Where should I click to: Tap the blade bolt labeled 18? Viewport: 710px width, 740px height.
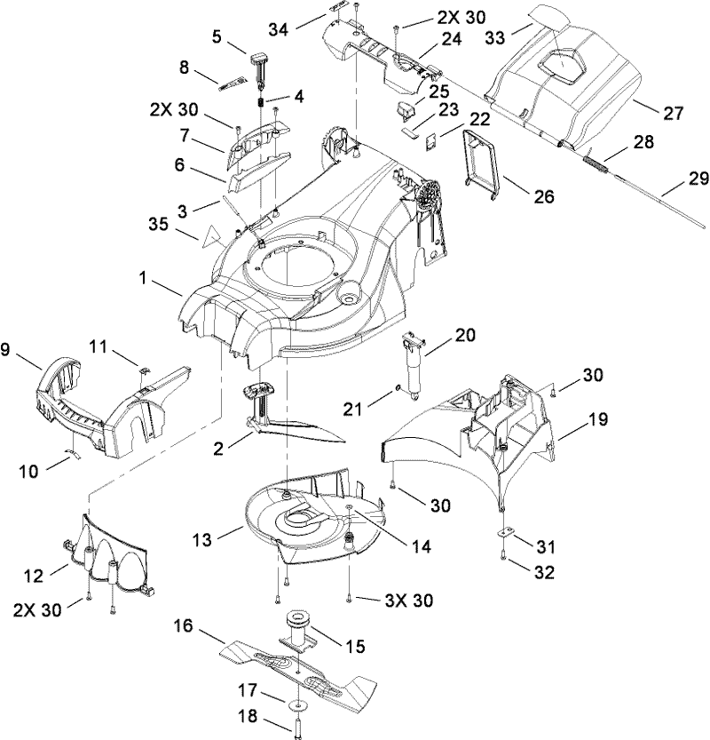[293, 724]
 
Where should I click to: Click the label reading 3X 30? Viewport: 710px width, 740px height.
[409, 601]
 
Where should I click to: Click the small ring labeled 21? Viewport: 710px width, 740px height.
[400, 389]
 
